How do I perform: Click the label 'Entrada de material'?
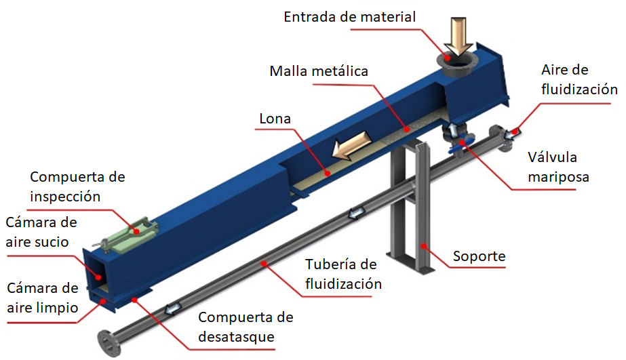click(x=349, y=16)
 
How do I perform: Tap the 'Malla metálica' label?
click(x=318, y=71)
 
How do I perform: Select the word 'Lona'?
click(x=275, y=119)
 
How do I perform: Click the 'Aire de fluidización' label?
click(x=579, y=80)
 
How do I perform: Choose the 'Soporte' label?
click(x=480, y=256)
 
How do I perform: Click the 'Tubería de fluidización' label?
click(x=343, y=274)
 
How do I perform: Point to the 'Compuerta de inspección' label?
click(x=77, y=186)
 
